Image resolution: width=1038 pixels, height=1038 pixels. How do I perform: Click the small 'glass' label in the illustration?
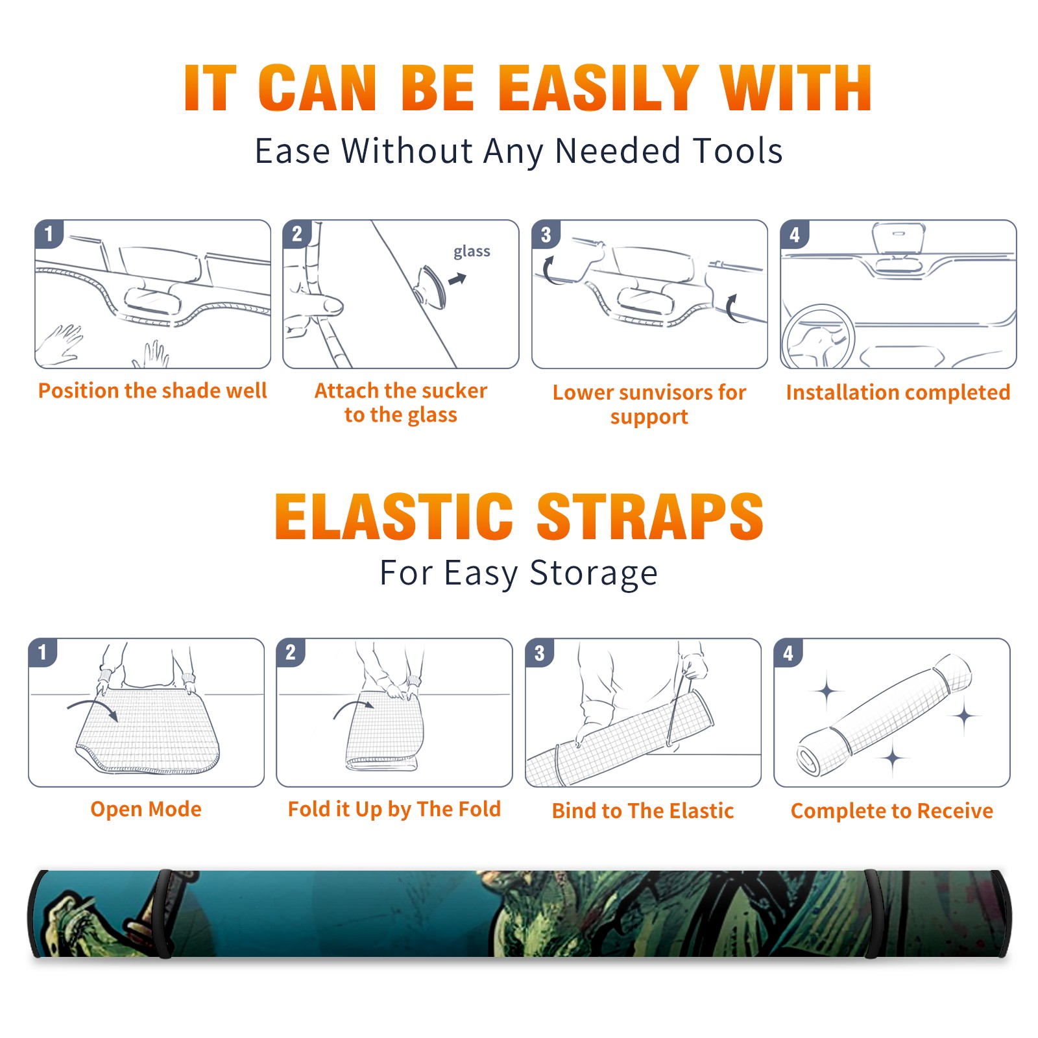pyautogui.click(x=472, y=252)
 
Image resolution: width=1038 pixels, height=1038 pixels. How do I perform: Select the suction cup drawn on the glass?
pyautogui.click(x=431, y=286)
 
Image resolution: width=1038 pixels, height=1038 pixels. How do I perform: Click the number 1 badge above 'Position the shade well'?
pyautogui.click(x=49, y=234)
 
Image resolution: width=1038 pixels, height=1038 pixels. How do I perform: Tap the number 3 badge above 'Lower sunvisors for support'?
pyautogui.click(x=546, y=234)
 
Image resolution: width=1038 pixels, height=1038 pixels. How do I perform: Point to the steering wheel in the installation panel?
pyautogui.click(x=817, y=337)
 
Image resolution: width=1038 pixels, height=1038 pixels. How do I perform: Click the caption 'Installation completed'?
pyautogui.click(x=898, y=392)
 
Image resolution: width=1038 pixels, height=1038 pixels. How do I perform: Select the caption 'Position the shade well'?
pyautogui.click(x=152, y=391)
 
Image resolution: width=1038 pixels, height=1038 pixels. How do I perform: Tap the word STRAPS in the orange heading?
pyautogui.click(x=650, y=516)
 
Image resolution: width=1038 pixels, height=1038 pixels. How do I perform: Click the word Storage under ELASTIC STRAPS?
pyautogui.click(x=594, y=573)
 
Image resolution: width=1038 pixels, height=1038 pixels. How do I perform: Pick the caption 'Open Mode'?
pyautogui.click(x=146, y=809)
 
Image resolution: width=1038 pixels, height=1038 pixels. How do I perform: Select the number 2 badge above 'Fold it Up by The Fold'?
pyautogui.click(x=291, y=652)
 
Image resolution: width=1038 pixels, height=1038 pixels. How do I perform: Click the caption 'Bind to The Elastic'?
pyautogui.click(x=643, y=811)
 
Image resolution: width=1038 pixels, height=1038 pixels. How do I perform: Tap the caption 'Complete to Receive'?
pyautogui.click(x=892, y=811)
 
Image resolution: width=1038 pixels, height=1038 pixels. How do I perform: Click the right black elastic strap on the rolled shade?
pyautogui.click(x=873, y=914)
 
